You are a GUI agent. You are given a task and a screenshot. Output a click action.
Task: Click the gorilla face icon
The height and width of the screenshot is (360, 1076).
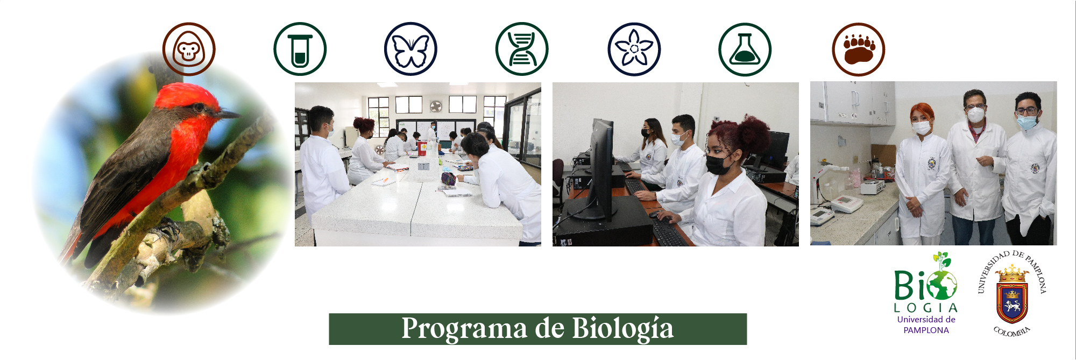pos(189,50)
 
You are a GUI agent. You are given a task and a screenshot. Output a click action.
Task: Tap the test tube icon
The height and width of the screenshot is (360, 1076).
pos(300,50)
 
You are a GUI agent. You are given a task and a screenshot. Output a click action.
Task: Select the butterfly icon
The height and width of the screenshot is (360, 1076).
pos(410,50)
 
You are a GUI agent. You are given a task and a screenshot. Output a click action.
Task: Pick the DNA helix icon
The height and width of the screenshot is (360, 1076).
pos(521,50)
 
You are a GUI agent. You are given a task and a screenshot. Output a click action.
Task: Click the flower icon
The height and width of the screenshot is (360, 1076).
pos(634,50)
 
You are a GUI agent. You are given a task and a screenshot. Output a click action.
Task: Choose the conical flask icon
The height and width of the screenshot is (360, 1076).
pos(745,50)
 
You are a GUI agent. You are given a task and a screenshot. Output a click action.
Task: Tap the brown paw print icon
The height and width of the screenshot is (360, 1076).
pos(858,50)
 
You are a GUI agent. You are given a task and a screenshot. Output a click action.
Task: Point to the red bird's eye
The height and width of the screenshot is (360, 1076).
pos(200,107)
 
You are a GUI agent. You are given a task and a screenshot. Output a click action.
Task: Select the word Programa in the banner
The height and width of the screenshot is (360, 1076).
pos(464,329)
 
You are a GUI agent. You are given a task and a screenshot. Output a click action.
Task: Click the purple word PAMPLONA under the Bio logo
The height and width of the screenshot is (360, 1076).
pos(926,330)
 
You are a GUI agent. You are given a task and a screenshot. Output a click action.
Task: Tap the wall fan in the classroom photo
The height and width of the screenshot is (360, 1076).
pos(435,106)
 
